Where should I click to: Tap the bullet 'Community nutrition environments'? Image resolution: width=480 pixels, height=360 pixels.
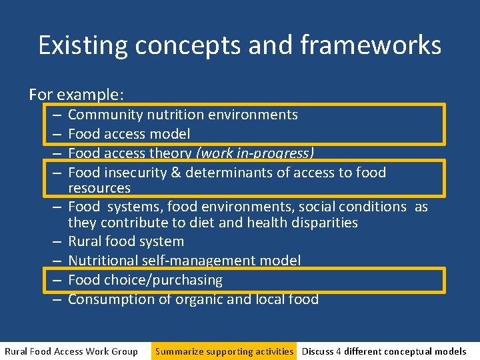183,115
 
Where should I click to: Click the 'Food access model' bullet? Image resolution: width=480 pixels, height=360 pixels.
129,134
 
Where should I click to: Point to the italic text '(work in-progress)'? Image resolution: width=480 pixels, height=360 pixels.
255,153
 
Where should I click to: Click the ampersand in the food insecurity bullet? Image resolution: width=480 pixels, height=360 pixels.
175,173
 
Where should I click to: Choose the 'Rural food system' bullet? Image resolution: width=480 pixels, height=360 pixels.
125,241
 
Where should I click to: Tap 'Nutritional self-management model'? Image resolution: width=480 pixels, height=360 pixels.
184,261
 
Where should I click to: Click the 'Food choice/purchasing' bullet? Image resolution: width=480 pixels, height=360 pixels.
145,280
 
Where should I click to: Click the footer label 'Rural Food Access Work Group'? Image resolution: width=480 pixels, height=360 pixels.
71,351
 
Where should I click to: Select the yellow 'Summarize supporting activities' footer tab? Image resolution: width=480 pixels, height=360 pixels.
224,351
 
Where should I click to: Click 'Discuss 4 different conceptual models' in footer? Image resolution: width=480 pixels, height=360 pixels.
384,351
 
